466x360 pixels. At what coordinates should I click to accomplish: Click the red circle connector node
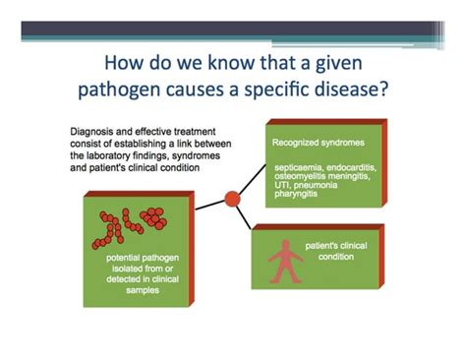(x=232, y=199)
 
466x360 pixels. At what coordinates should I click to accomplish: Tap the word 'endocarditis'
(x=361, y=168)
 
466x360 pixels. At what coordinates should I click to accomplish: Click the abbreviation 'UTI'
(x=284, y=190)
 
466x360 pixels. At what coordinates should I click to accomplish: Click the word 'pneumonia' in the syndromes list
(x=322, y=190)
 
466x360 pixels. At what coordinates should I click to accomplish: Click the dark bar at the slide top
(x=233, y=30)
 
